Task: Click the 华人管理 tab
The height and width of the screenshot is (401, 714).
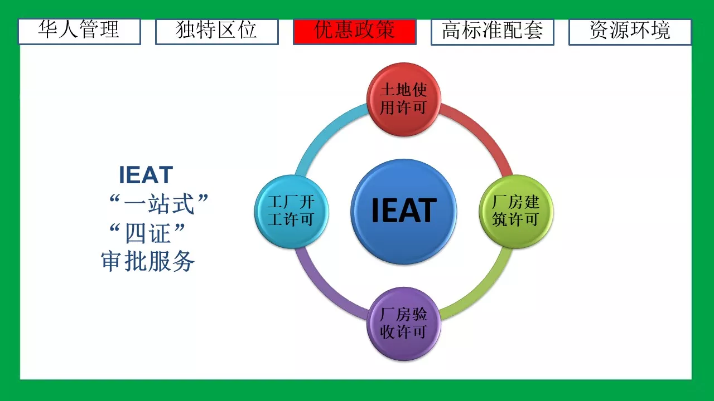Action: (x=79, y=32)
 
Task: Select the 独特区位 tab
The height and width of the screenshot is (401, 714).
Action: (x=217, y=32)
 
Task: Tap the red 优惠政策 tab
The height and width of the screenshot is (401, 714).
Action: (x=354, y=32)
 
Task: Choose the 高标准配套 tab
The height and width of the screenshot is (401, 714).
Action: (x=492, y=32)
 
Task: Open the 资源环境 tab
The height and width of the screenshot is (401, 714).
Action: (x=630, y=32)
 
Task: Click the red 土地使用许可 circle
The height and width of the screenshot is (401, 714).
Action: (x=403, y=99)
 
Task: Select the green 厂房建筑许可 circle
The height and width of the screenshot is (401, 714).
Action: (x=516, y=211)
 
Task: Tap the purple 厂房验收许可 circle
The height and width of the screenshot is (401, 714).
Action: (x=404, y=324)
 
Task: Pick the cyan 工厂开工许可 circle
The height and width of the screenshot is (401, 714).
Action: (x=291, y=211)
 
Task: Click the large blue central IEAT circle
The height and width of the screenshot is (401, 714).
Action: (x=403, y=212)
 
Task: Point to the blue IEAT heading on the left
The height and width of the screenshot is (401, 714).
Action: (x=146, y=175)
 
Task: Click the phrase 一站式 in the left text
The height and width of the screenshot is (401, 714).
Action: (x=159, y=204)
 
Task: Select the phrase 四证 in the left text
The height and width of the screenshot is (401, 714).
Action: (x=148, y=233)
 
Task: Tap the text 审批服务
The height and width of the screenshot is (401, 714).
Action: (x=148, y=261)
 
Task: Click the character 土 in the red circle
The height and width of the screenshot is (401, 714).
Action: (x=388, y=90)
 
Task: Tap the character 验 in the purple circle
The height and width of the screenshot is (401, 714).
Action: (x=419, y=315)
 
